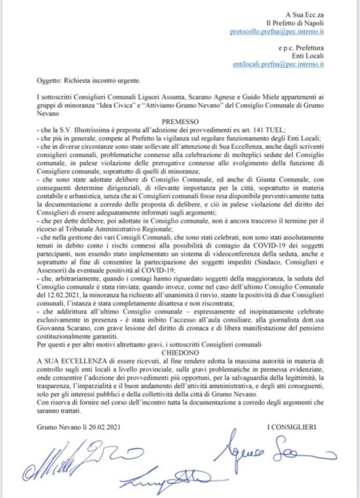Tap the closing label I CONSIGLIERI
coord(291,427)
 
